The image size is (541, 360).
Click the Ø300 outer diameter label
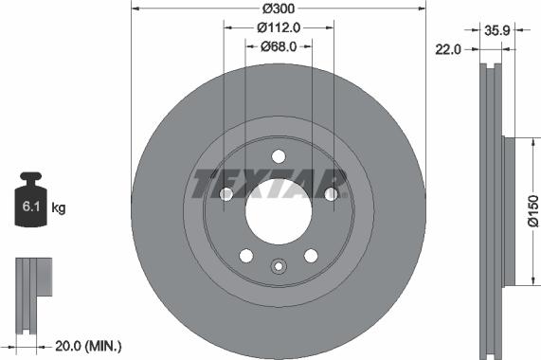coord(278,9)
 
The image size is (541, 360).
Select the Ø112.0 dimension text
coord(278,27)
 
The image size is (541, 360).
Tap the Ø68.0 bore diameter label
coord(278,45)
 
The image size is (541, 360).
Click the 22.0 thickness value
coord(449,50)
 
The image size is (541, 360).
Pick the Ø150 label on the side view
coord(532,210)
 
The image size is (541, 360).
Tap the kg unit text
coord(59,207)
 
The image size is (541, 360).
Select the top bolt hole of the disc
coord(278,157)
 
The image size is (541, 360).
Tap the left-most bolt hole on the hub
coord(225,194)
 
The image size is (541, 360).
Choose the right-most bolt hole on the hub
coord(331,194)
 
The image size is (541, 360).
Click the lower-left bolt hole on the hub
coord(245,255)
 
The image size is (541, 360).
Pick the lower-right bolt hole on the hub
coord(310,255)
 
